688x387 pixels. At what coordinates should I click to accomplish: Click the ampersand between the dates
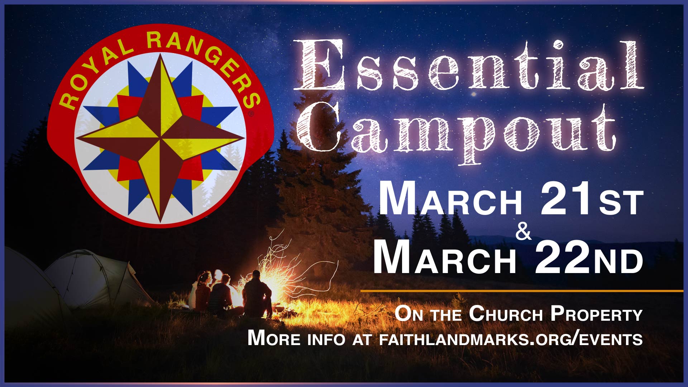(524, 232)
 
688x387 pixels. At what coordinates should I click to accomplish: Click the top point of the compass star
(160, 54)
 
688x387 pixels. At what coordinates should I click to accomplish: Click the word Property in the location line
(596, 314)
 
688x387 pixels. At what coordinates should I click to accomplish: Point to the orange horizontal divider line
(522, 291)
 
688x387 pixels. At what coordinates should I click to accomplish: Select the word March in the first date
(450, 200)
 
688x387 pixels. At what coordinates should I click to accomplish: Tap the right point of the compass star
(244, 138)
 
